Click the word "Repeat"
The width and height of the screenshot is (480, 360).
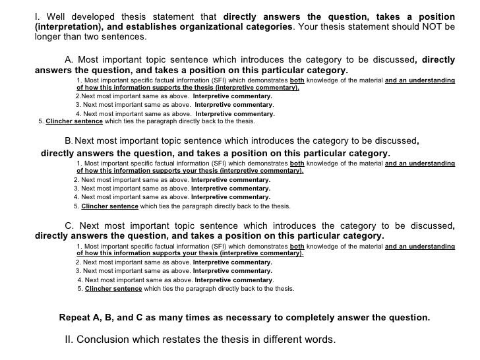pos(75,317)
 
